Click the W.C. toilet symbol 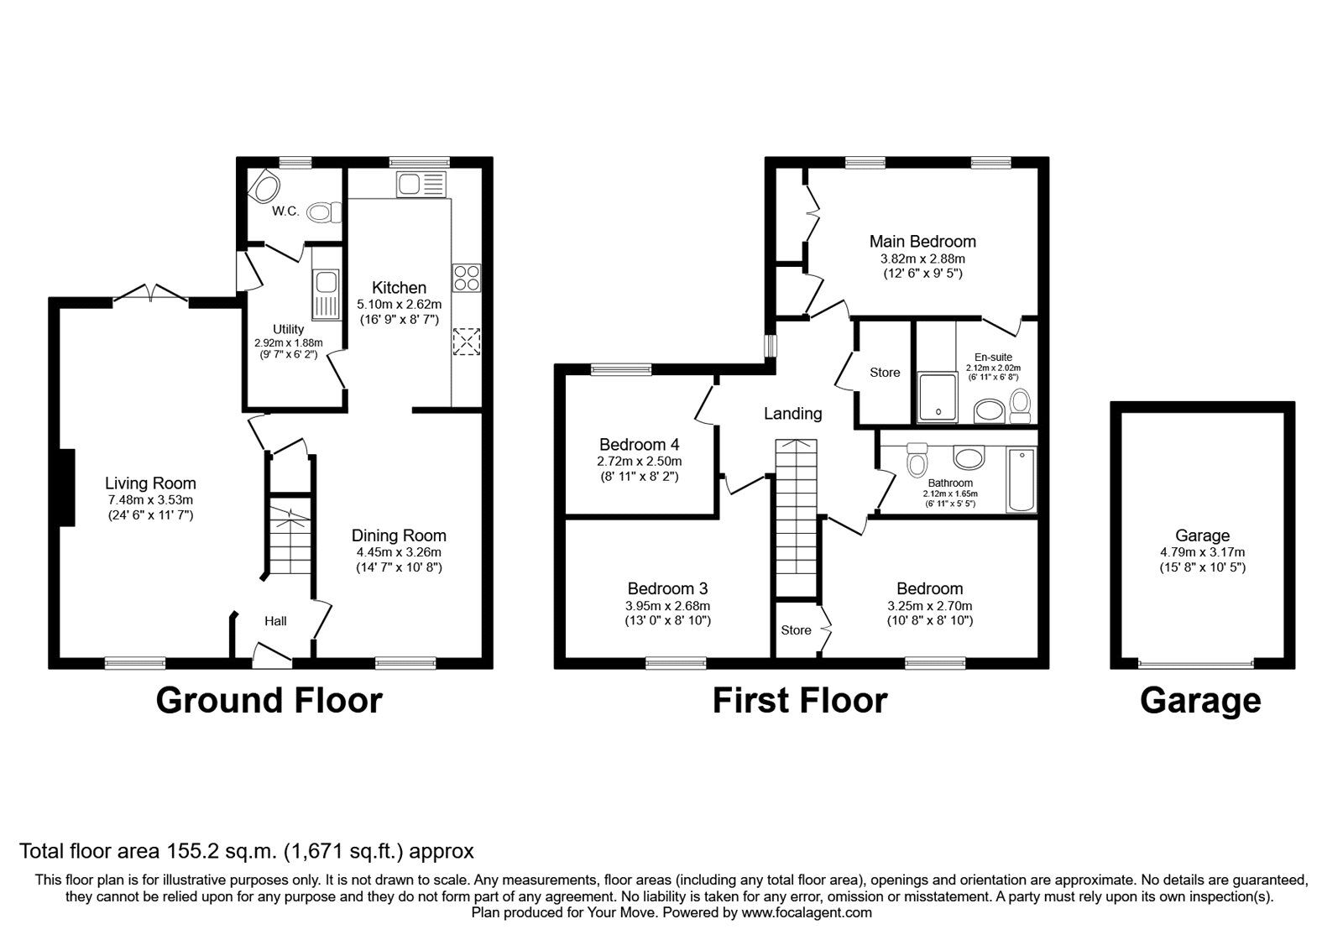323,213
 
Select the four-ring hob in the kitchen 466,277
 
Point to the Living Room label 150,483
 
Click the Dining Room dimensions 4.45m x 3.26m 399,552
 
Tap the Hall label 275,621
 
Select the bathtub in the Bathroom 1022,480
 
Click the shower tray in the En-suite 937,397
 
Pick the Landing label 792,414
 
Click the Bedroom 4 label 639,445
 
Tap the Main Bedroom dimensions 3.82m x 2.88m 922,258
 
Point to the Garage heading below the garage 1199,700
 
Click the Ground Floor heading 269,700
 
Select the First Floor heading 799,700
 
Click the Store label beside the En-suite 885,373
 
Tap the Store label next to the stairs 796,630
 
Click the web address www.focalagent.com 806,912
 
